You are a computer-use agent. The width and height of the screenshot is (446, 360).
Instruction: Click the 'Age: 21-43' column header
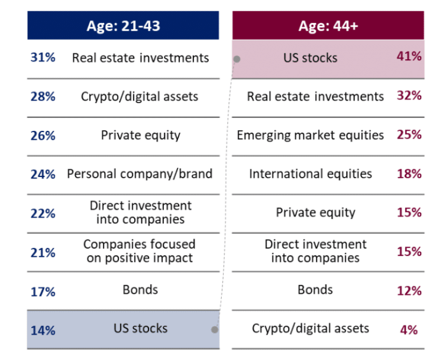[x=123, y=25]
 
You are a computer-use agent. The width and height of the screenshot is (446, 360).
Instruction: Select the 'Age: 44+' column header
[x=328, y=25]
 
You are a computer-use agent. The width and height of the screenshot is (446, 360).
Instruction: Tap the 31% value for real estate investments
[x=43, y=57]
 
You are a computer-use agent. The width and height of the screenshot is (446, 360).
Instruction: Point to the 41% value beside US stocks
[x=409, y=57]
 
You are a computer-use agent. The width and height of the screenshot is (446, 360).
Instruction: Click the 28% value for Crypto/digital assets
[x=43, y=97]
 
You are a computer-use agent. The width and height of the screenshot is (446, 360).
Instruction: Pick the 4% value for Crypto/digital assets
[x=409, y=329]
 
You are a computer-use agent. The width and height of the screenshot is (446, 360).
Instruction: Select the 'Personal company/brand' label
[x=140, y=174]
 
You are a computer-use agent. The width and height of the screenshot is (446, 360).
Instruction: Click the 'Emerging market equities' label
[x=310, y=135]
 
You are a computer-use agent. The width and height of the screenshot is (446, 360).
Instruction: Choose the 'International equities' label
[x=311, y=174]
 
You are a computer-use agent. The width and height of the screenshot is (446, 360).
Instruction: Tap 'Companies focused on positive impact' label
[x=140, y=251]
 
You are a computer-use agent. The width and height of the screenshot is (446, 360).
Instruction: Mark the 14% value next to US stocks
[x=43, y=329]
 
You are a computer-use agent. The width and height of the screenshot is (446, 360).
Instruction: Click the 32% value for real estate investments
[x=409, y=96]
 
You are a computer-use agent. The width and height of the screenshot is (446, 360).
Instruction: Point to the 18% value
[x=409, y=174]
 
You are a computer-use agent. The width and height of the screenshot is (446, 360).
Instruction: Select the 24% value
[x=43, y=174]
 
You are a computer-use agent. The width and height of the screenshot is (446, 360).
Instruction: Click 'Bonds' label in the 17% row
[x=141, y=290]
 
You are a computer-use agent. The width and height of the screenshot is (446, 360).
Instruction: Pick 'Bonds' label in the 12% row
[x=315, y=290]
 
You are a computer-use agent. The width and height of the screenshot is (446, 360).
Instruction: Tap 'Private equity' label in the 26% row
[x=140, y=135]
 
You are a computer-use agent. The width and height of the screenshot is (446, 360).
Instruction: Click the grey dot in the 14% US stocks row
[x=215, y=329]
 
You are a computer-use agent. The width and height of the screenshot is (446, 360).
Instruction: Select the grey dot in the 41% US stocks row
[x=237, y=59]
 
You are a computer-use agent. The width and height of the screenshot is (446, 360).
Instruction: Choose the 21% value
[x=43, y=252]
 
